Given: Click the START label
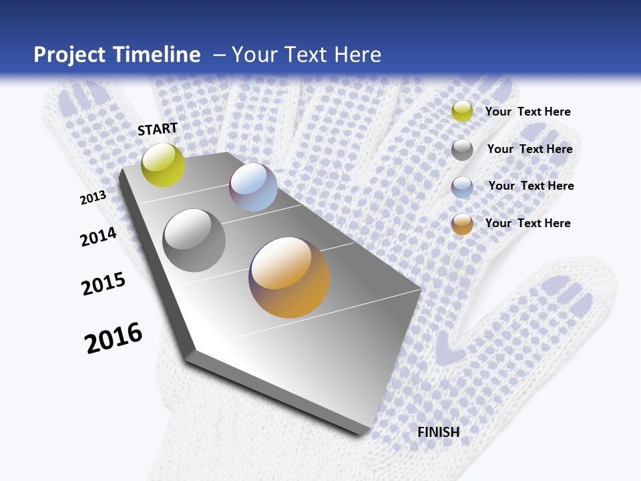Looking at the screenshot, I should (x=158, y=129).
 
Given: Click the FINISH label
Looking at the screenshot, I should (x=439, y=432).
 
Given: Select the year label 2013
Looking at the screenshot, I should (x=93, y=197).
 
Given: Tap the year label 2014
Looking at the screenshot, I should (x=99, y=236).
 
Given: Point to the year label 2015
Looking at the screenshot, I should (x=103, y=284).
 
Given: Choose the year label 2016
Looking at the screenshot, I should (x=114, y=337).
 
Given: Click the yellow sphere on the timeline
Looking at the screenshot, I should (x=164, y=164).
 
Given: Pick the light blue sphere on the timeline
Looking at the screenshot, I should (x=253, y=187).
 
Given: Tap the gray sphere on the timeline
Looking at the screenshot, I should (x=194, y=240).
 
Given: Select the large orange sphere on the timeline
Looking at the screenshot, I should (x=290, y=277).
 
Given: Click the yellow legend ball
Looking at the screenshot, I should (x=462, y=112).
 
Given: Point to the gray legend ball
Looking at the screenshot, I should (x=462, y=150).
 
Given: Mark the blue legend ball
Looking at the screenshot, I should (x=462, y=187).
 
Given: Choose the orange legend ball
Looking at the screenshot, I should (x=462, y=224).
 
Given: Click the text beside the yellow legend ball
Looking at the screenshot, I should (x=528, y=112).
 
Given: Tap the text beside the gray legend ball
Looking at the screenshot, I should (x=530, y=149).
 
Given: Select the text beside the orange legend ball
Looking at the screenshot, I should (x=528, y=223).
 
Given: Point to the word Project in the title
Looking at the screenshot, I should (x=69, y=55).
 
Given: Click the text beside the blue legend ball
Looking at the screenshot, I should (x=531, y=186).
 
